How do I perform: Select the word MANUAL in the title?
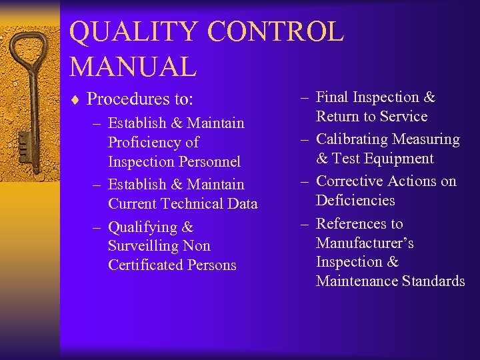coord(133,66)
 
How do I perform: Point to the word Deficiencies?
coord(355,200)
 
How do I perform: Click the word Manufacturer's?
coord(365,243)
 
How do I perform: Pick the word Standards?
coord(433,281)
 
